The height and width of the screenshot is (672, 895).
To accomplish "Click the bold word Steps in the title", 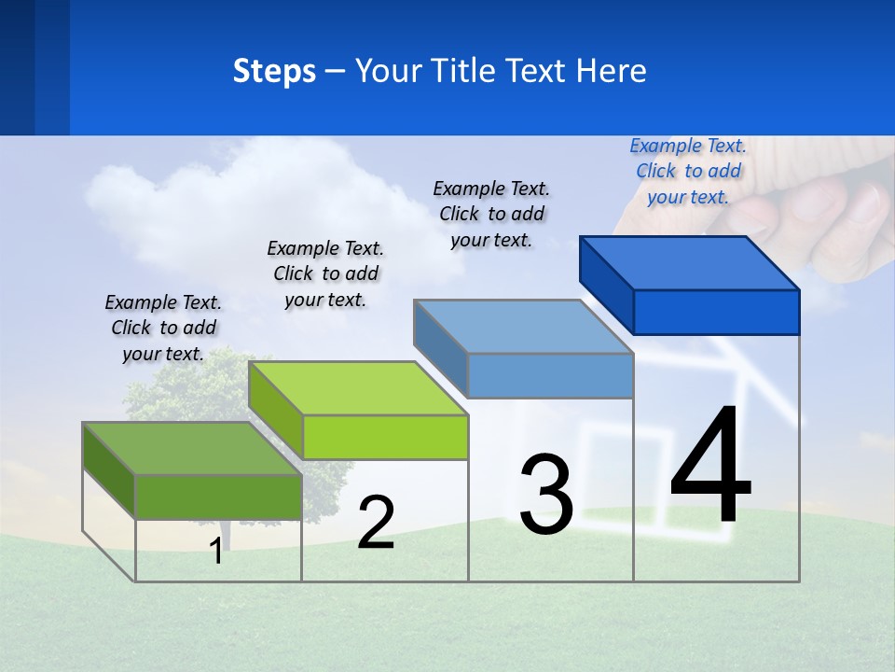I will pos(274,71).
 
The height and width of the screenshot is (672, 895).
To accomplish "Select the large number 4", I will pos(710,467).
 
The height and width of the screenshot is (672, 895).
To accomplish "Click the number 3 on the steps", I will pos(546,495).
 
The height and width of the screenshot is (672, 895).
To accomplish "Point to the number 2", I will pos(376,524).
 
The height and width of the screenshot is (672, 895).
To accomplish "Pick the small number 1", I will pos(215,552).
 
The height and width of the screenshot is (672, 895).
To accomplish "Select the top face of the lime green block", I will pos(358,388).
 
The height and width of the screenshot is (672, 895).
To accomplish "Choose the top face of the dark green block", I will pos(192,449).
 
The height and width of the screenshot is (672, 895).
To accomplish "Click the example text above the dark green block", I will pos(163,328).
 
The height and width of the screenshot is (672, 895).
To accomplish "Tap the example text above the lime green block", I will pos(325,273).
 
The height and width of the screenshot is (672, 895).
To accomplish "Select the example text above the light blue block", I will pos(491,214).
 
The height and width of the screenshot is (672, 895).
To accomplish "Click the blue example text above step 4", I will pos(688,171).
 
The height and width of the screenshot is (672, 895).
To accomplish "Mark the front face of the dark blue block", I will pos(716,312).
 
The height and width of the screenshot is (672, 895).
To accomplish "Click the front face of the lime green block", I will pos(385,437).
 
